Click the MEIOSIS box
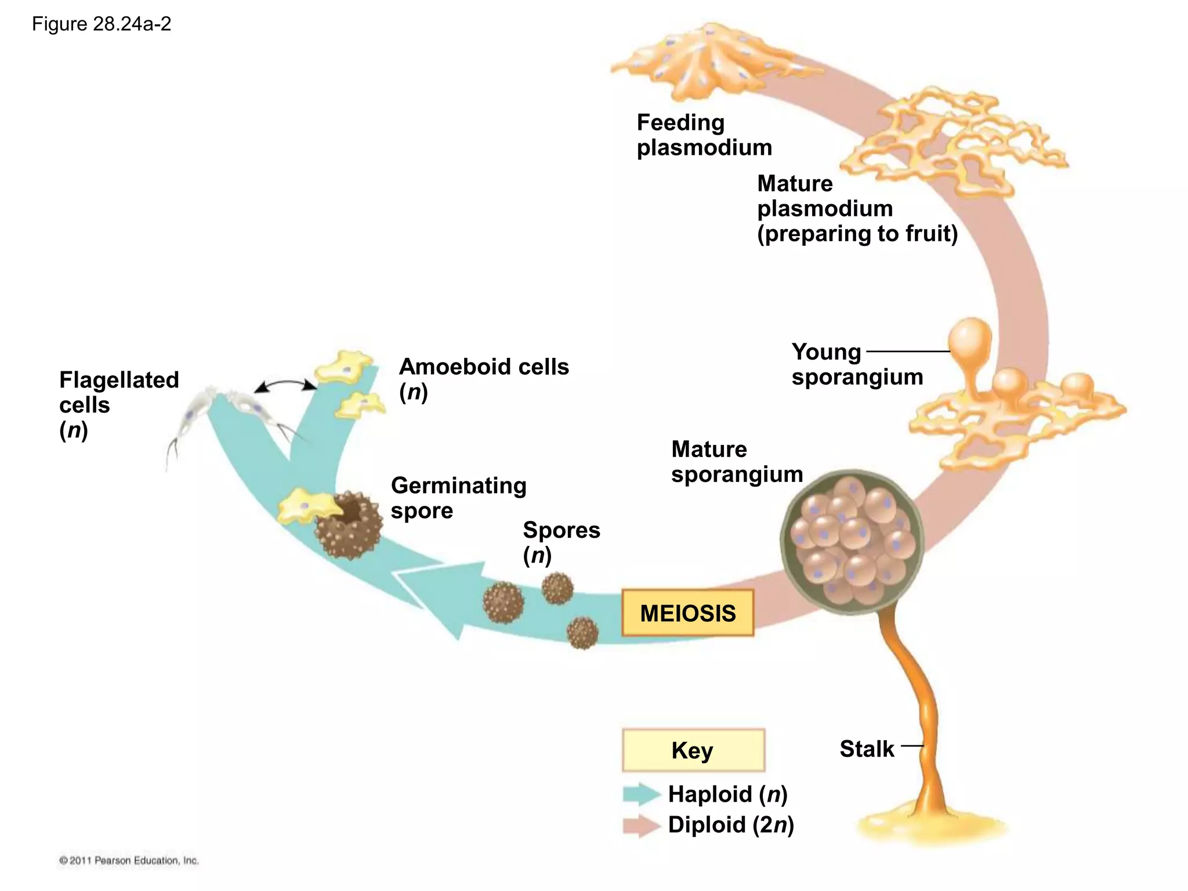click(x=687, y=613)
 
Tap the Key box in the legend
click(x=693, y=750)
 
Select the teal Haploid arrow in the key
click(x=641, y=794)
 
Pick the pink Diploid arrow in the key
click(x=641, y=825)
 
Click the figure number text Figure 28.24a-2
click(x=102, y=24)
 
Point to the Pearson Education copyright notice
click(x=129, y=860)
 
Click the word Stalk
click(x=867, y=749)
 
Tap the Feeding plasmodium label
click(x=704, y=135)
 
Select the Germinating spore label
click(x=458, y=498)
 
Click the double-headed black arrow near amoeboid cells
click(x=285, y=385)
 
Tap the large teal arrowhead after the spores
click(x=441, y=597)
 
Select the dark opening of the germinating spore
click(x=352, y=510)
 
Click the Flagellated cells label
click(x=118, y=404)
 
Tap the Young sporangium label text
click(x=857, y=364)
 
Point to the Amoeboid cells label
click(x=483, y=378)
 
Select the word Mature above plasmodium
click(x=795, y=184)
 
